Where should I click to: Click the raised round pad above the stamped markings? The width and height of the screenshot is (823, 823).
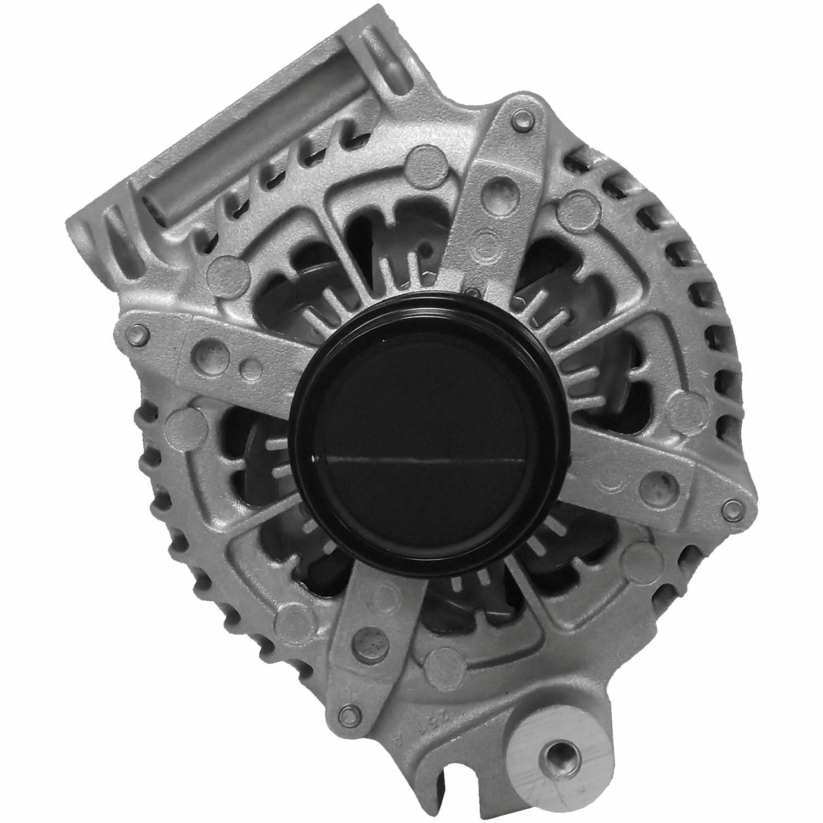click(442, 661)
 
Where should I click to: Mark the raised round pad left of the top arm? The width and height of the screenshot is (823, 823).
click(425, 162)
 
